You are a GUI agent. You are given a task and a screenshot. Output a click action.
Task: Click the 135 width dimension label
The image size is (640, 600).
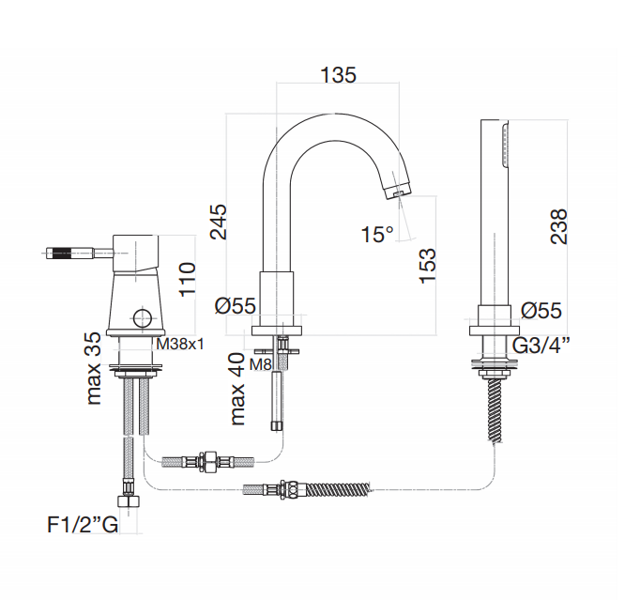tap(338, 75)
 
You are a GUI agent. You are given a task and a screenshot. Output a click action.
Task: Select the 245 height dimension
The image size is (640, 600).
tap(219, 222)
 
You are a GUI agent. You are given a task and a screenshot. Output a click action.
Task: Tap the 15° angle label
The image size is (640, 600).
tap(377, 235)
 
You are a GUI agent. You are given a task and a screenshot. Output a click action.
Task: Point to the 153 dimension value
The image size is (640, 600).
tap(427, 266)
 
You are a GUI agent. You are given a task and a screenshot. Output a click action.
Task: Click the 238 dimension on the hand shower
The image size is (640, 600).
tap(558, 226)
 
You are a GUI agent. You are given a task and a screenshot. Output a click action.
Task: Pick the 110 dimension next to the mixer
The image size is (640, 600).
tap(188, 280)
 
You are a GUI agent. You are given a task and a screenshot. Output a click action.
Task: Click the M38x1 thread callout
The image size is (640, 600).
tap(180, 345)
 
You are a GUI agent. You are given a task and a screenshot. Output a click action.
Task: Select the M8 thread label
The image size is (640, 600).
tap(260, 364)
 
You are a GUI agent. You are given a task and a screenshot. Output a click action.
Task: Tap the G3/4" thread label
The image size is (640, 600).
tap(541, 346)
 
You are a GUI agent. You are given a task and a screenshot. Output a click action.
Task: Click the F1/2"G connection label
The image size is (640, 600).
tap(83, 525)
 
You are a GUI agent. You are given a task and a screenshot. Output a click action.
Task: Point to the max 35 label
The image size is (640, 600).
tap(94, 368)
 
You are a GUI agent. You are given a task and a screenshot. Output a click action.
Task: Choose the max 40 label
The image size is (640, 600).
tap(237, 390)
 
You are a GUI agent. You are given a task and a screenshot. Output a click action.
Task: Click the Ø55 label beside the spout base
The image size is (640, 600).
tap(236, 305)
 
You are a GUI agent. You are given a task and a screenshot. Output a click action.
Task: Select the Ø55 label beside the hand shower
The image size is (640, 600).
tap(541, 311)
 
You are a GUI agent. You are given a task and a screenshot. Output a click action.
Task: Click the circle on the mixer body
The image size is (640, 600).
tap(143, 317)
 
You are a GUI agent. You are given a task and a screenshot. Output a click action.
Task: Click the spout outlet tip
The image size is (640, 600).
tap(399, 192)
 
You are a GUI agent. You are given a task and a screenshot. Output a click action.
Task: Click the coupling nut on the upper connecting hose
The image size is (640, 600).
tap(209, 462)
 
